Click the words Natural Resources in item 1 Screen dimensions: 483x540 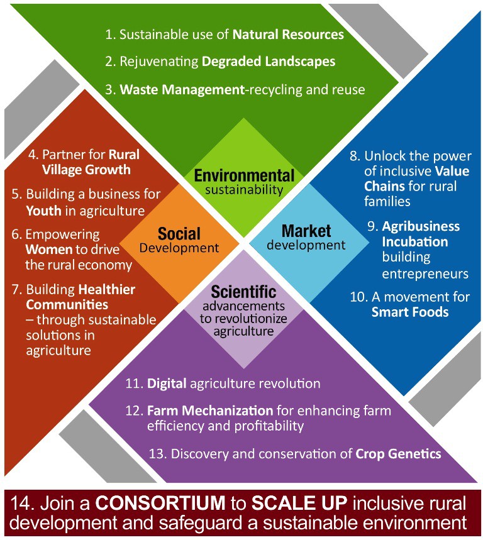click(288, 35)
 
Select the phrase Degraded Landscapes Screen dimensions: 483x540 click(269, 62)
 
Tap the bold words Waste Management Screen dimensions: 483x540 click(182, 89)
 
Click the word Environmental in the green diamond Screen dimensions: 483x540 click(244, 175)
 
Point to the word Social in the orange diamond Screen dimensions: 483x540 click(179, 233)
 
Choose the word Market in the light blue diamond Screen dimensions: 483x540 click(306, 231)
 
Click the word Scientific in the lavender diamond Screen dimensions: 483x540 click(243, 292)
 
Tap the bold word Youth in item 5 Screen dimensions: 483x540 click(44, 211)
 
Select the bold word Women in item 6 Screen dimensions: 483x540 click(48, 250)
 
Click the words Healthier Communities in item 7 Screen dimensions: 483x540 click(80, 297)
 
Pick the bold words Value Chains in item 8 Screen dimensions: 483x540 click(417, 179)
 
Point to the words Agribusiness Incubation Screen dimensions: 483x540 click(421, 234)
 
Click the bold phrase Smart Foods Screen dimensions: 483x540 click(410, 312)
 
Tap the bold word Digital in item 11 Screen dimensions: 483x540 click(167, 383)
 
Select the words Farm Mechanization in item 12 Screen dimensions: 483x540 click(210, 411)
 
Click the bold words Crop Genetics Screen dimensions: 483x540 click(398, 454)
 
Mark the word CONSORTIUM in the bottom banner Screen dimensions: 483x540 click(160, 503)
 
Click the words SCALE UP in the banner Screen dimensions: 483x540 click(299, 503)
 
